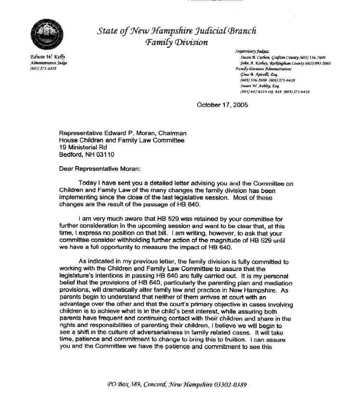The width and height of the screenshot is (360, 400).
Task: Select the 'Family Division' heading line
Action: [x=177, y=42]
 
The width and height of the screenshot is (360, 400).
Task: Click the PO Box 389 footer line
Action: [x=177, y=384]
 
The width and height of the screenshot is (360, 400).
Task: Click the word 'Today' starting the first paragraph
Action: [x=88, y=183]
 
